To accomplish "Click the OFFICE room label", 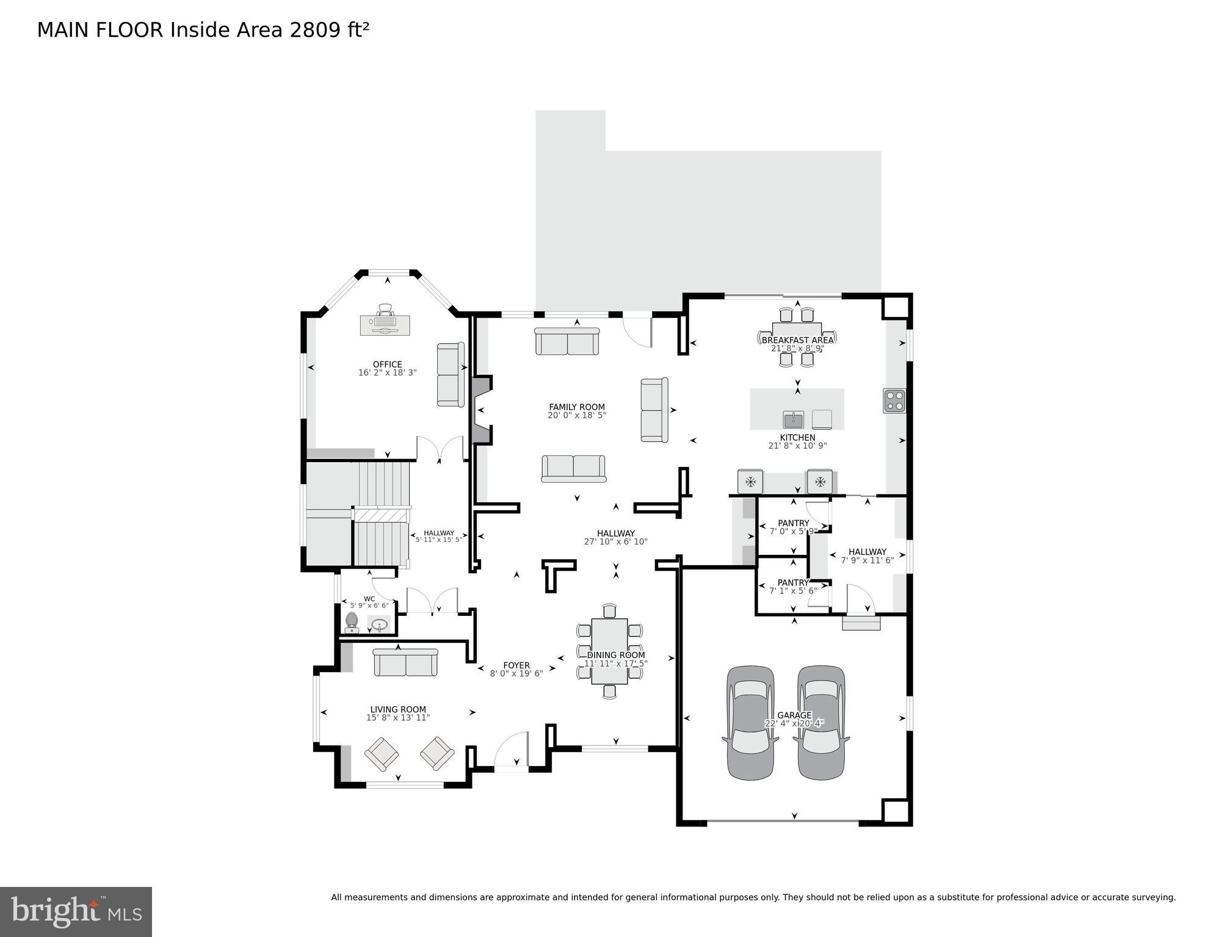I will [387, 364].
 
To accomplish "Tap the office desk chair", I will [385, 309].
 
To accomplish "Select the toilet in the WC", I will [351, 622].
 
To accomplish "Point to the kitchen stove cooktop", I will [894, 401].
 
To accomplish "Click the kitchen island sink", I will [793, 419].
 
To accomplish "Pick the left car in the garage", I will [750, 723].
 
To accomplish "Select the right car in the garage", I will [821, 723].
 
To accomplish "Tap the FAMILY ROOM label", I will [576, 407].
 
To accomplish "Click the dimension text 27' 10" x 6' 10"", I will [615, 541].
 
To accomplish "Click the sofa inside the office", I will [451, 374].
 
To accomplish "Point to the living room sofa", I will [405, 662].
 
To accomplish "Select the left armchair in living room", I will [382, 754].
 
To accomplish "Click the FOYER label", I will [516, 665].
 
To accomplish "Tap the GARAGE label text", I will [794, 715].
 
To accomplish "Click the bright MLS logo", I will [76, 912].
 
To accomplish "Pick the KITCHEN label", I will [797, 438].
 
